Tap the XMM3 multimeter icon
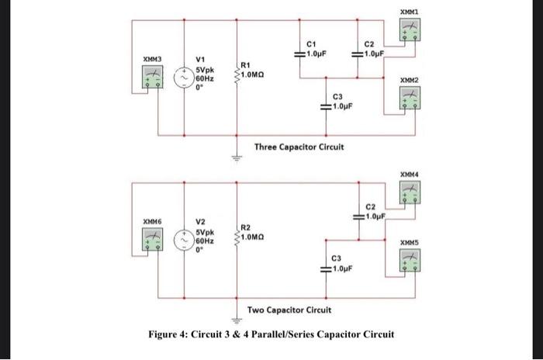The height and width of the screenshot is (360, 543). tap(152, 78)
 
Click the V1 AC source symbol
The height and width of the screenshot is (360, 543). tap(184, 78)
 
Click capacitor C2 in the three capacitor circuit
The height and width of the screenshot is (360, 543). tap(358, 54)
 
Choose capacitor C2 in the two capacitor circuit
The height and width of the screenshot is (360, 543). tap(358, 216)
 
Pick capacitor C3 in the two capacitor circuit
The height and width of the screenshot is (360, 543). tap(327, 269)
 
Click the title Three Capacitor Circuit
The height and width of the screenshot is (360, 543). tap(299, 147)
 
